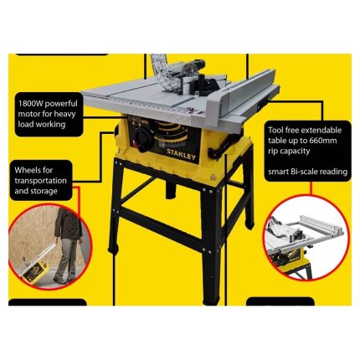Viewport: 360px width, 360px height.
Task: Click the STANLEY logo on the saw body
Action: coord(181,155)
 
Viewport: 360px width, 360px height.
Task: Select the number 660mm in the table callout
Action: coord(322,141)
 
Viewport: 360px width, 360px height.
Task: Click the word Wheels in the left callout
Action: coord(27,170)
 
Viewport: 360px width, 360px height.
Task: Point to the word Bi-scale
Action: coord(304,171)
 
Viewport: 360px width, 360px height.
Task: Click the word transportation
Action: coord(41,181)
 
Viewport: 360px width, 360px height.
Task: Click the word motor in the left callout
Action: coord(28,114)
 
